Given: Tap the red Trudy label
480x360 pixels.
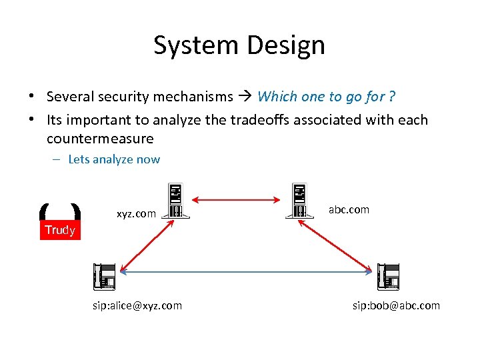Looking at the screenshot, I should coord(60,230).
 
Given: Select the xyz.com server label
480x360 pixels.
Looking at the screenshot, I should coord(136,214).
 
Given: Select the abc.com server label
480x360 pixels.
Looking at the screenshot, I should coord(349,209).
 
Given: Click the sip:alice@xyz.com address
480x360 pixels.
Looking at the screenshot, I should coord(137,305).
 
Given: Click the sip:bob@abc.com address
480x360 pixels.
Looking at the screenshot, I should coord(396,305).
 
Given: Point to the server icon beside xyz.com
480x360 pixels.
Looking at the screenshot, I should coord(176,201).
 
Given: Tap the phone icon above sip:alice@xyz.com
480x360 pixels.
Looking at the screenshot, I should coord(105,276).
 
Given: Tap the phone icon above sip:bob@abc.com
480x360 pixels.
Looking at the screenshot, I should coord(388,276).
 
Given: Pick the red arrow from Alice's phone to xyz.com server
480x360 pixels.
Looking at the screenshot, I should coord(143,243).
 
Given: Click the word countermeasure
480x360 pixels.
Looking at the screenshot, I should coord(100,139).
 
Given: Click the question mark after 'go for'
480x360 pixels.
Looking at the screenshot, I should coord(392,97).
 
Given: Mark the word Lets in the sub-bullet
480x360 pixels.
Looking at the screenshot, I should coord(79,159).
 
